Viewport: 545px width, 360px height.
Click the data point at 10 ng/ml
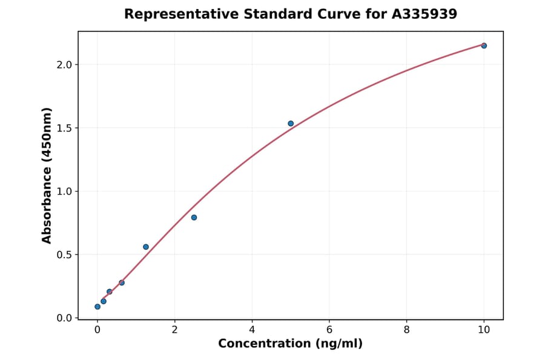pyautogui.click(x=484, y=45)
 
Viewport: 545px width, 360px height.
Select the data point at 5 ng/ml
pyautogui.click(x=291, y=124)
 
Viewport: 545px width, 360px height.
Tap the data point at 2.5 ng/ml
pyautogui.click(x=194, y=218)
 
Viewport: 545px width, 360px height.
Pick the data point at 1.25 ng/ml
pyautogui.click(x=146, y=247)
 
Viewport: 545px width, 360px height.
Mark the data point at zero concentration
pyautogui.click(x=97, y=307)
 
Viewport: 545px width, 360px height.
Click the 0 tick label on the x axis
pyautogui.click(x=97, y=330)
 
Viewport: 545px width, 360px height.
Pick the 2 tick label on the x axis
pyautogui.click(x=175, y=330)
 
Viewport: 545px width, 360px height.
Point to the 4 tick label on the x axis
pyautogui.click(x=252, y=330)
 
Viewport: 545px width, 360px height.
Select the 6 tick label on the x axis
pyautogui.click(x=329, y=330)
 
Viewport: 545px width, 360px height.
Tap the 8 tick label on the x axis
pyautogui.click(x=406, y=330)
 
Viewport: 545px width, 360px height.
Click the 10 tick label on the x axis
pyautogui.click(x=484, y=330)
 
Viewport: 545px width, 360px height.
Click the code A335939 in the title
pyautogui.click(x=423, y=14)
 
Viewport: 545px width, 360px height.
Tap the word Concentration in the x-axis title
pyautogui.click(x=264, y=344)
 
